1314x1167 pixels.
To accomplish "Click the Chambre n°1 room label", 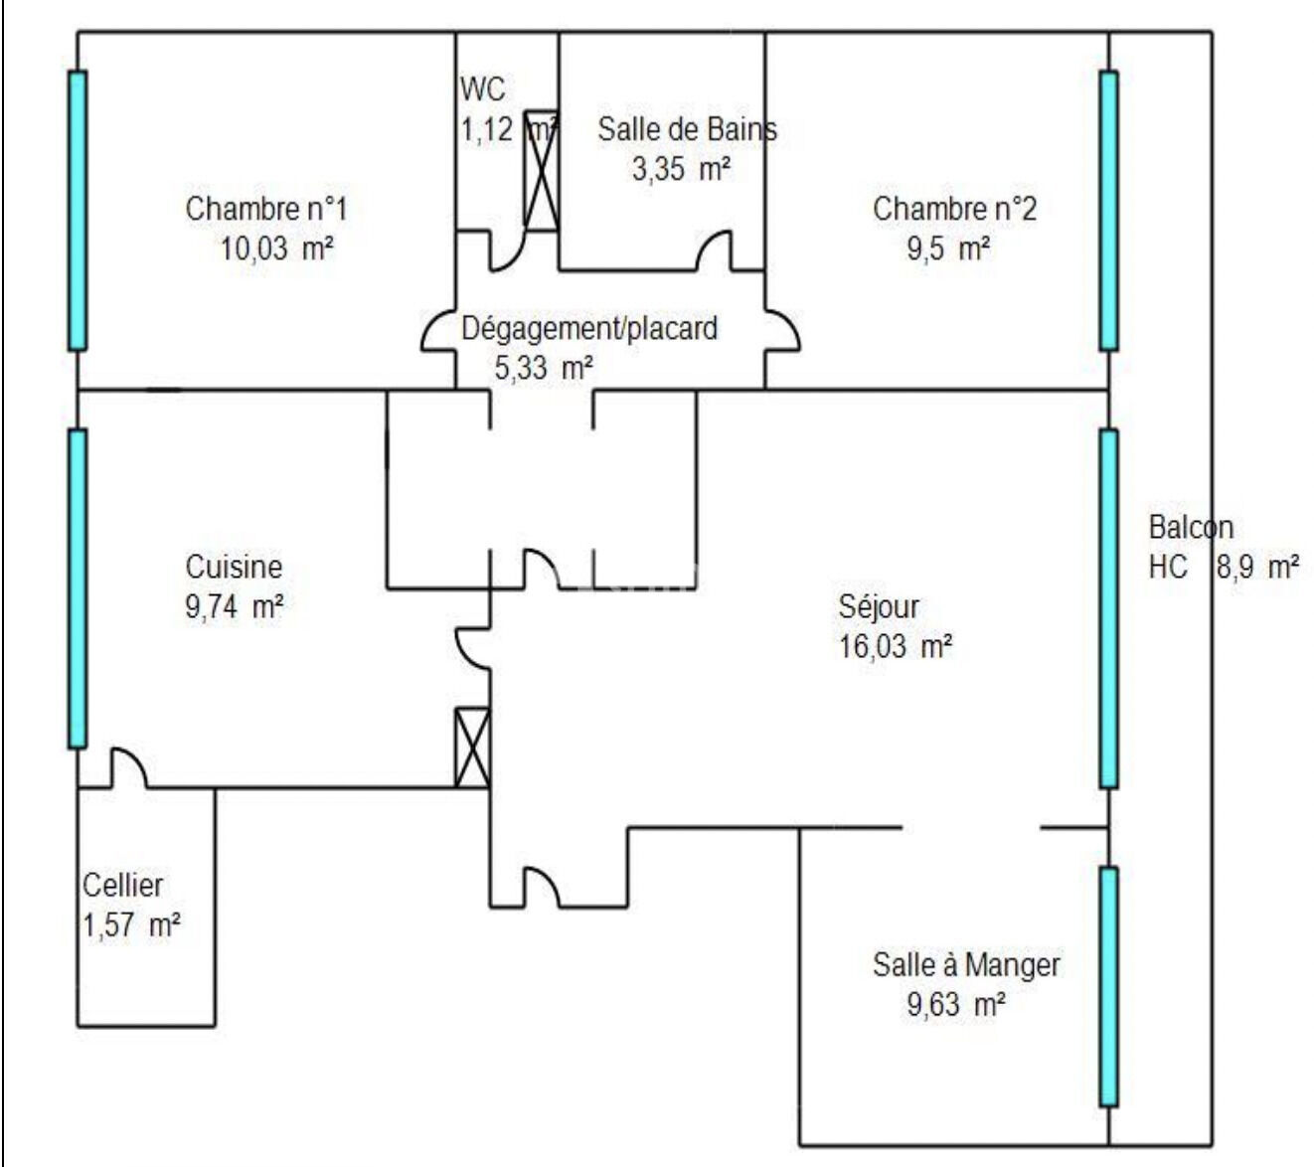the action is [266, 209].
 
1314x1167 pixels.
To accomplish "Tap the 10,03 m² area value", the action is [277, 250].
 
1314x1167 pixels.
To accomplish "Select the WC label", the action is [482, 88].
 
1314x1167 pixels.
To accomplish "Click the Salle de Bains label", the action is [687, 129].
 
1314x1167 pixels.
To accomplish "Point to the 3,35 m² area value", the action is [681, 169].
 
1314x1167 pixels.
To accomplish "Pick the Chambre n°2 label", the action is [954, 209].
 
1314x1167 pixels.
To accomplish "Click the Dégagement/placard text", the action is [589, 329].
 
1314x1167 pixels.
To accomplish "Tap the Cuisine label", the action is [234, 567].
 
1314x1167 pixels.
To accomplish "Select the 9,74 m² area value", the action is [235, 607].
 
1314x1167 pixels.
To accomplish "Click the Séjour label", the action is [879, 607].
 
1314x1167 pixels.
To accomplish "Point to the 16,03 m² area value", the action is [896, 647].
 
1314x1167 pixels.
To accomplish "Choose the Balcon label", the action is [1191, 528].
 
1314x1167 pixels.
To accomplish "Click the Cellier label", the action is [122, 886].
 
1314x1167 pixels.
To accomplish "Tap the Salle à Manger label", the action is [966, 965].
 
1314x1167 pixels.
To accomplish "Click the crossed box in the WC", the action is [541, 171].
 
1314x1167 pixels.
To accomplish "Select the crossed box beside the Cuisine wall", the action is [473, 748].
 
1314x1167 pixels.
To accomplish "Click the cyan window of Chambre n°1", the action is [78, 211].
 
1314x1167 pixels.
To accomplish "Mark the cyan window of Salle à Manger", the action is [1108, 987].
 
